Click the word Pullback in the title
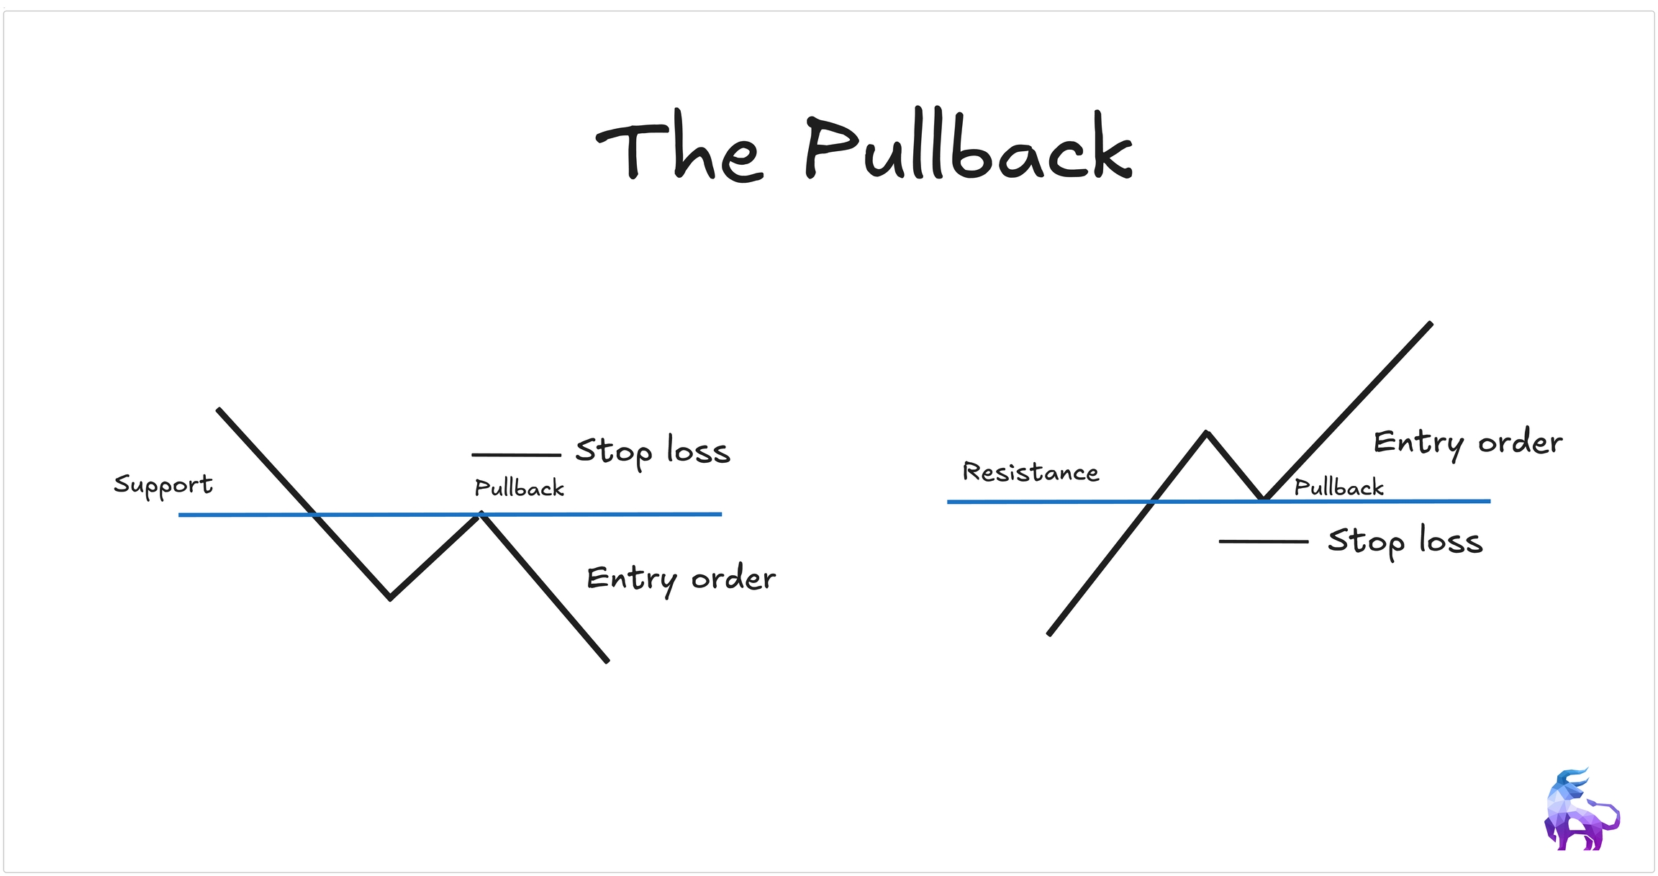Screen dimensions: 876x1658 pos(968,148)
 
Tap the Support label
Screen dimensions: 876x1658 pos(163,485)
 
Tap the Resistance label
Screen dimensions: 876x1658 pos(1030,472)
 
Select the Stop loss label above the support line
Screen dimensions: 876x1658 pos(653,451)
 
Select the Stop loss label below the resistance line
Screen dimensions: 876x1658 pos(1405,541)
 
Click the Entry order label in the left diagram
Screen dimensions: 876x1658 pos(681,579)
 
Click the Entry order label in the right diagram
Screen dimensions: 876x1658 pos(1467,443)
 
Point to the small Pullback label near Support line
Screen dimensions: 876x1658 pos(519,489)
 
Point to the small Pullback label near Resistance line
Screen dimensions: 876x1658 pos(1338,488)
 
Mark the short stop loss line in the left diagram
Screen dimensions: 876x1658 pos(516,455)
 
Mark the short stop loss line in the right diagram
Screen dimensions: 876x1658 pos(1263,541)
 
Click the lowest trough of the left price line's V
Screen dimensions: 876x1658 pos(390,597)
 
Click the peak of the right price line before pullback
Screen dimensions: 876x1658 pos(1207,433)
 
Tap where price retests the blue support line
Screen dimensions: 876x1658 pos(481,514)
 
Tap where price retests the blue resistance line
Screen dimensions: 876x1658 pos(1263,499)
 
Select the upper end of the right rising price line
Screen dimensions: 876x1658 pos(1430,325)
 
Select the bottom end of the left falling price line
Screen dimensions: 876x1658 pos(607,660)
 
